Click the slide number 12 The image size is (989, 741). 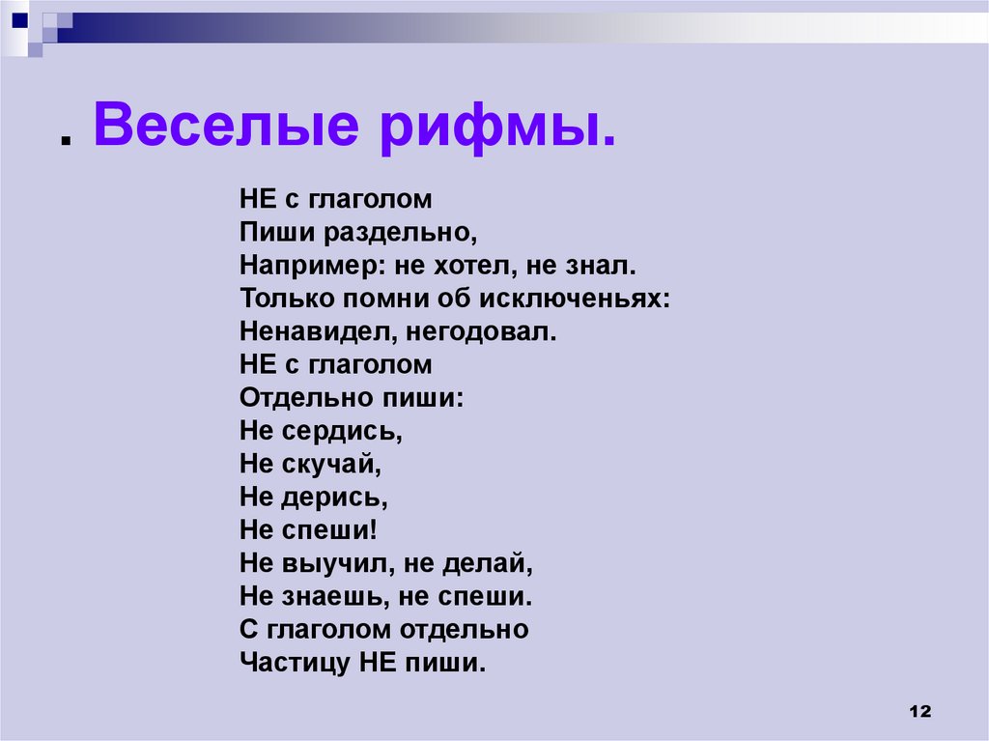(x=918, y=711)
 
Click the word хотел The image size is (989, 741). (x=458, y=266)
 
